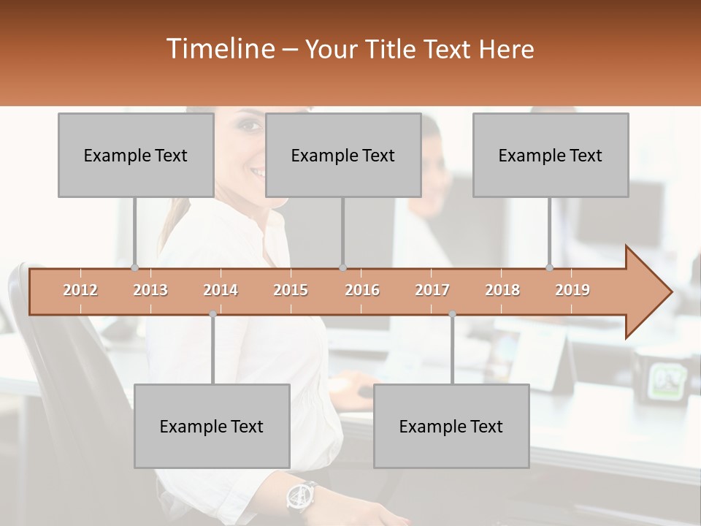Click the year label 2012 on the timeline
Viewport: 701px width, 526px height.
pos(80,290)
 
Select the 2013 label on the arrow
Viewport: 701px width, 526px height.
pos(150,290)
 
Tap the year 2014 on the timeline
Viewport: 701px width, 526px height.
pos(221,290)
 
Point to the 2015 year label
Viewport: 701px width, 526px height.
pos(291,290)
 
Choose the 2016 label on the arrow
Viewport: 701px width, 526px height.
pos(362,290)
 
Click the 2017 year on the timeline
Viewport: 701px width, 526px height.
pos(432,290)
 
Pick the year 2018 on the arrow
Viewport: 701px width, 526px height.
pos(502,290)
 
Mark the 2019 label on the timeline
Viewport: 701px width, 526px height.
pos(572,290)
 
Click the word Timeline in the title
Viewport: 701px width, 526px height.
pos(219,49)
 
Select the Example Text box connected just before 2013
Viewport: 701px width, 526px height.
pos(136,155)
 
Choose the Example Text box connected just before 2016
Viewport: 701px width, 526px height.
pos(343,155)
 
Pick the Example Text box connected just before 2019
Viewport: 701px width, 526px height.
pos(551,155)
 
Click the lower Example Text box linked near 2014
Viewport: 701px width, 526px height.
pos(212,426)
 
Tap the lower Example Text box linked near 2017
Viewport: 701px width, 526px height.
pos(451,426)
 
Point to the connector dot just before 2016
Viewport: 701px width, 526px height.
pos(343,267)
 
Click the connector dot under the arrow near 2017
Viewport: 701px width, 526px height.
pos(452,314)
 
